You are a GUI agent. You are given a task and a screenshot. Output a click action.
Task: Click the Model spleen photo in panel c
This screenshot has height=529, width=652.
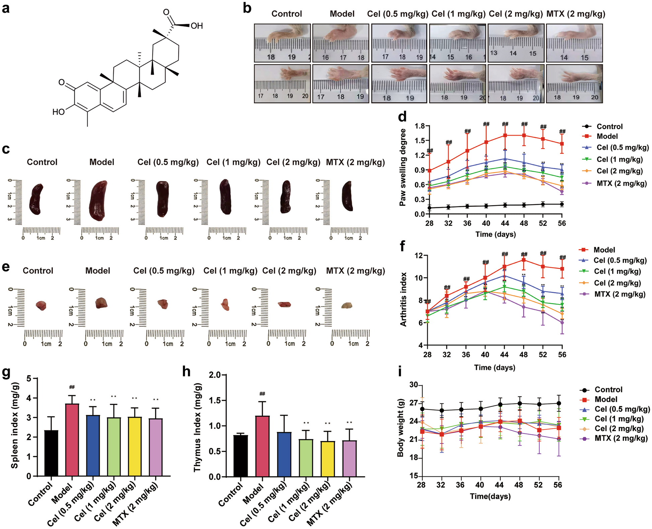[98, 200]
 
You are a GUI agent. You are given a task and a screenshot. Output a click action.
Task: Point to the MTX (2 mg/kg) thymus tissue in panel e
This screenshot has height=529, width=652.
[347, 305]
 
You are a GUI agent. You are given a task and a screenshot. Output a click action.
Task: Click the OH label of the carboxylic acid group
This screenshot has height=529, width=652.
[197, 26]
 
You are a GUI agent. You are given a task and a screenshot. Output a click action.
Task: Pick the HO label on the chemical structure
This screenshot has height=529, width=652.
[58, 112]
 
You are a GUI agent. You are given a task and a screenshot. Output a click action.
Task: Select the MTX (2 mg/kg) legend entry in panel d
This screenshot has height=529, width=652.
[621, 183]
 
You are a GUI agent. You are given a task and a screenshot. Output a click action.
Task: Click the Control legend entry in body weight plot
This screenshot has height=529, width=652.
[608, 389]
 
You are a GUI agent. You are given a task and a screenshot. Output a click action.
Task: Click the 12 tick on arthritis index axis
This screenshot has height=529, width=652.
[418, 256]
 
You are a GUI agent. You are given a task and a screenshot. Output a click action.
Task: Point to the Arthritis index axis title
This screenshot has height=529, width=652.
[403, 299]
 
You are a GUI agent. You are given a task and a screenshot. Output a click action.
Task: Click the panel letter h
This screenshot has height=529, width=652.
[186, 372]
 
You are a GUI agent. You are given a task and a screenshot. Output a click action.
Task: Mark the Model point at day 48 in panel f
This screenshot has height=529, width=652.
[524, 260]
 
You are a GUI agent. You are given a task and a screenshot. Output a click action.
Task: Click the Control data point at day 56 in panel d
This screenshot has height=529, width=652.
[562, 204]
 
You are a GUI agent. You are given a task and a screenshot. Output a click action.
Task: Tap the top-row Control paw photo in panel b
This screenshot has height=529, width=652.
[282, 43]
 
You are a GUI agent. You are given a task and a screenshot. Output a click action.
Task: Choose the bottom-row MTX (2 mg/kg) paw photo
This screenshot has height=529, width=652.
[574, 84]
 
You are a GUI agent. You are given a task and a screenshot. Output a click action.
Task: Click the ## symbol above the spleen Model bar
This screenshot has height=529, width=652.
[72, 387]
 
